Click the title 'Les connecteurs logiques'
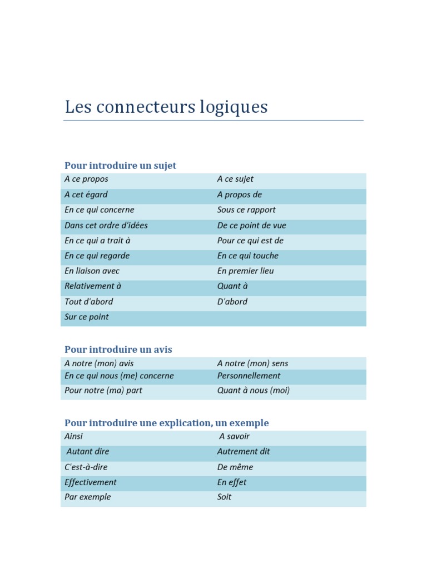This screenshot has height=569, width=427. pos(166,107)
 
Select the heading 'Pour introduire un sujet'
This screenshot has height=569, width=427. pos(120,166)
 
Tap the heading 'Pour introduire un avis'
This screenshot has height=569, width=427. pos(118,350)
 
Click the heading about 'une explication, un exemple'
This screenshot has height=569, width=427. pos(167,423)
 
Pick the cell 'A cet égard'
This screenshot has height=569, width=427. pos(86,194)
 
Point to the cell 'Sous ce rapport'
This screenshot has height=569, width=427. pos(246,210)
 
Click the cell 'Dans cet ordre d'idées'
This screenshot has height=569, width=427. pos(106,226)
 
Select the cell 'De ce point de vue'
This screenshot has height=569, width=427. pos(252,226)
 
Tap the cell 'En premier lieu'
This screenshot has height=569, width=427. pos(245,271)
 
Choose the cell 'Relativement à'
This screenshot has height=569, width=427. pos(93,286)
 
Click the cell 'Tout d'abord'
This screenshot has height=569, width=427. pos(89,302)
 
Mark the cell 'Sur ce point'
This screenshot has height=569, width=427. pos(87,317)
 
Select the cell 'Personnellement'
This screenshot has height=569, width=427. pos(248,376)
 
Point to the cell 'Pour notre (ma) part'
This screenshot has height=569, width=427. pos(103,391)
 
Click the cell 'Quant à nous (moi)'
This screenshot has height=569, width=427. pos(254,391)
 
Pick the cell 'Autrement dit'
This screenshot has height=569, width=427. pos(244,452)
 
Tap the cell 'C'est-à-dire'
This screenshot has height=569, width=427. pos(86,467)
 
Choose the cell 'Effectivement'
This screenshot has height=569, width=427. pos(91,482)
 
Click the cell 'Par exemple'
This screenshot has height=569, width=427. pos(88,497)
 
